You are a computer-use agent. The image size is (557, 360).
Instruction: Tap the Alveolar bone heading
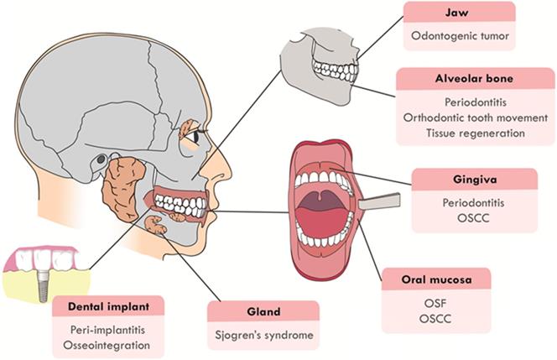click(475, 78)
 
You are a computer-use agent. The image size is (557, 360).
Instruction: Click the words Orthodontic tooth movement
click(475, 118)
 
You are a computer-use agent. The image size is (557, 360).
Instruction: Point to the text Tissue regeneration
click(475, 133)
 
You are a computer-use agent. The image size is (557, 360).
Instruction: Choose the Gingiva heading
click(475, 178)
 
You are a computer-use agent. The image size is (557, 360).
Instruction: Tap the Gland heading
click(263, 310)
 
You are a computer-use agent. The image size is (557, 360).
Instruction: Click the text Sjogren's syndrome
click(263, 336)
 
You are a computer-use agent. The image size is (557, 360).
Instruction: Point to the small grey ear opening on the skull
click(102, 159)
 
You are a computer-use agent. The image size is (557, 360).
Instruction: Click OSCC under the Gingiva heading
click(475, 218)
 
